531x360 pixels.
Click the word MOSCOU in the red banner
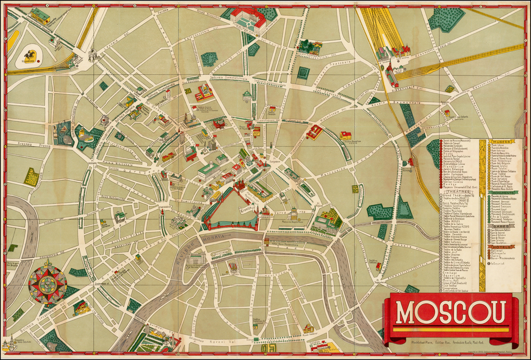pos(451,312)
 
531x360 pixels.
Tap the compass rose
pos(47,284)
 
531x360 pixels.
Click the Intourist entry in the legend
pos(498,264)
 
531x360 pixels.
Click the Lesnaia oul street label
pos(112,47)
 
